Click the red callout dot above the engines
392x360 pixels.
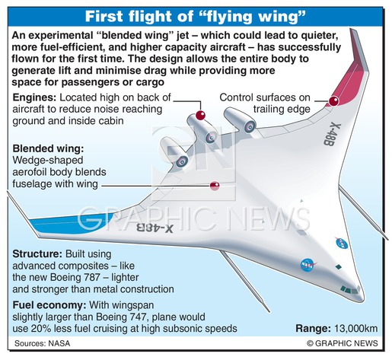[x=200, y=115]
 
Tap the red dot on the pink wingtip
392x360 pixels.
[x=333, y=101]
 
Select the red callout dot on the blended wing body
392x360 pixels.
[x=215, y=186]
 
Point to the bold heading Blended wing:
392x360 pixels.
[x=48, y=148]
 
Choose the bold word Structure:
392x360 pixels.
[x=37, y=254]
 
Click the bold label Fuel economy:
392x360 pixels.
[x=49, y=305]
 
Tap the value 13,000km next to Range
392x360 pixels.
[x=356, y=328]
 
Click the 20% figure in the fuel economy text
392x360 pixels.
[x=40, y=329]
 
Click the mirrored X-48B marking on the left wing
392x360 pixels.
[x=155, y=228]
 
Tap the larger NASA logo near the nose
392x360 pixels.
[x=308, y=265]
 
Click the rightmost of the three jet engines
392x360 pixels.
[x=240, y=120]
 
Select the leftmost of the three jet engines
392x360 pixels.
[x=174, y=152]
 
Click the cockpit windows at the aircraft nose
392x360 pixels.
[x=349, y=289]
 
